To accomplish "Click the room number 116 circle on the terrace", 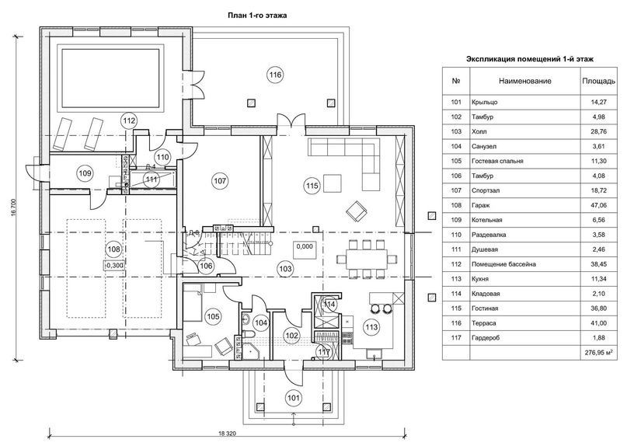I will [x=274, y=75].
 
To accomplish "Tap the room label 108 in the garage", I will [x=114, y=249].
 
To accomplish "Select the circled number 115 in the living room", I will [x=312, y=185].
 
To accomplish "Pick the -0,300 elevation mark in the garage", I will [x=113, y=264].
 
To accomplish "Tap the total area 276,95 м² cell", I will [x=597, y=351].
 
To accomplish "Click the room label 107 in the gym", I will [x=220, y=180].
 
